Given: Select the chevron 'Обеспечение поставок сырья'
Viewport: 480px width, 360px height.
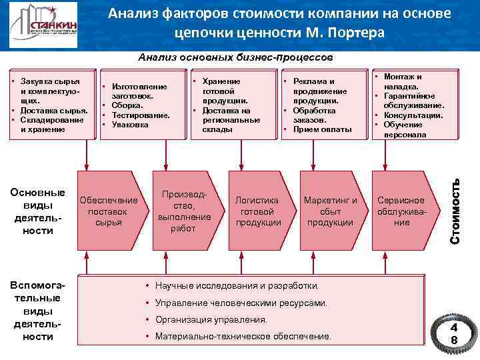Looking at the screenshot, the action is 108,211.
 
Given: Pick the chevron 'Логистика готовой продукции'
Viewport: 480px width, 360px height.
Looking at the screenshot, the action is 257,211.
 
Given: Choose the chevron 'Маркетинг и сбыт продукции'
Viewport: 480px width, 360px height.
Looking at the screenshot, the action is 330,211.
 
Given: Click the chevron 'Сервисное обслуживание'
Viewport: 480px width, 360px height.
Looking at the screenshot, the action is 401,211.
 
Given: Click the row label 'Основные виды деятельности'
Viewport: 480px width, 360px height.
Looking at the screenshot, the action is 38,211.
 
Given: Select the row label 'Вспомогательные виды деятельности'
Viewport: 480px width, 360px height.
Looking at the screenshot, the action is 38,311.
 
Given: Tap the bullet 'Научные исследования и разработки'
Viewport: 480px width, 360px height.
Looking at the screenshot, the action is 237,286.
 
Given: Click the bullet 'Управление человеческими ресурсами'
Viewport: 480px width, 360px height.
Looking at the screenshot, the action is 241,303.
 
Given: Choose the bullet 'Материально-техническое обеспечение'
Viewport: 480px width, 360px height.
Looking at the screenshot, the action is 243,337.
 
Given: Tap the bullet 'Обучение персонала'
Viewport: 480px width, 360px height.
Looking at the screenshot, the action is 404,129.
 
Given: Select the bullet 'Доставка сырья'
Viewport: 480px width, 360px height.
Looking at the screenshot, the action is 53,110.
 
